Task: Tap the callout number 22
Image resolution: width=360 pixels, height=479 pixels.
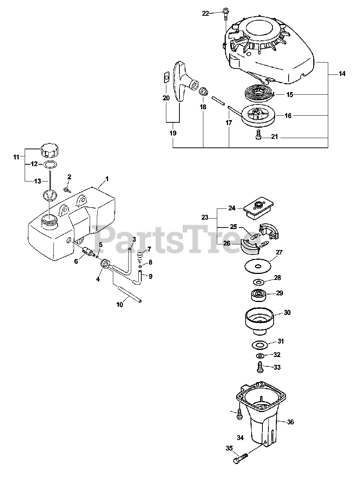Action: (206, 13)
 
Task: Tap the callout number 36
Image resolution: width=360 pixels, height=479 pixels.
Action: (290, 422)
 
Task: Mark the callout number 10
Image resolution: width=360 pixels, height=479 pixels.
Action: (120, 305)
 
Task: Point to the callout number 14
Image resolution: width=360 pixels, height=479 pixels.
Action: (342, 74)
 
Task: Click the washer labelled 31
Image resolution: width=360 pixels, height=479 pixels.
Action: (258, 344)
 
